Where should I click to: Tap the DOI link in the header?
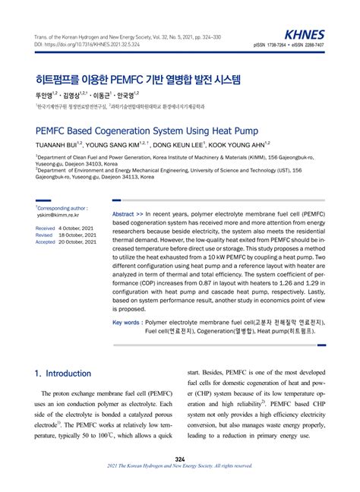pyautogui.click(x=79, y=46)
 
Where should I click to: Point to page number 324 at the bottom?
pyautogui.click(x=180, y=460)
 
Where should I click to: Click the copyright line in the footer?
pyautogui.click(x=180, y=467)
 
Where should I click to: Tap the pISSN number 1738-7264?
pyautogui.click(x=283, y=45)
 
